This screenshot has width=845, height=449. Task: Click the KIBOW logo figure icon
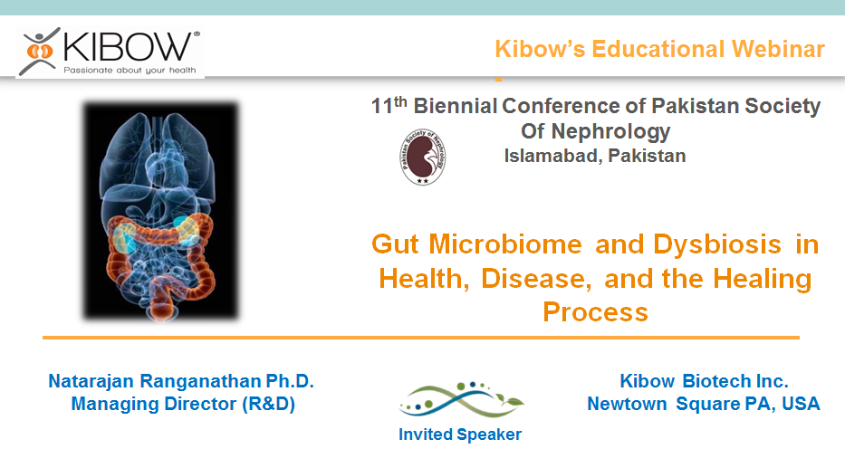coord(39,51)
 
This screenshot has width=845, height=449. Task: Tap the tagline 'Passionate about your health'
coord(130,70)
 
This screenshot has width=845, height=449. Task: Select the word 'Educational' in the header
coord(658,49)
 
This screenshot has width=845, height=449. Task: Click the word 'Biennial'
coord(456,106)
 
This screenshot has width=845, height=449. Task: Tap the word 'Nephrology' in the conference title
coord(611,132)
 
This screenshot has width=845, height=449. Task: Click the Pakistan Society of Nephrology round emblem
coord(423,158)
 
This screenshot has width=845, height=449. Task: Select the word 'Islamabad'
coord(553,156)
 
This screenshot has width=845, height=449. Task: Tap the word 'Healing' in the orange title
coord(762,279)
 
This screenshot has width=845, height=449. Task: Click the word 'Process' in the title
coord(595,312)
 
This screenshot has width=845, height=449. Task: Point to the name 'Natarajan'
coord(91,381)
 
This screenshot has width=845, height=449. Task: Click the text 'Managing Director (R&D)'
coord(183,404)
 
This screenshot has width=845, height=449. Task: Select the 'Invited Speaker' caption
coord(460,435)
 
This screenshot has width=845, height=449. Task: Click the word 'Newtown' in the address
coord(627,404)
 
